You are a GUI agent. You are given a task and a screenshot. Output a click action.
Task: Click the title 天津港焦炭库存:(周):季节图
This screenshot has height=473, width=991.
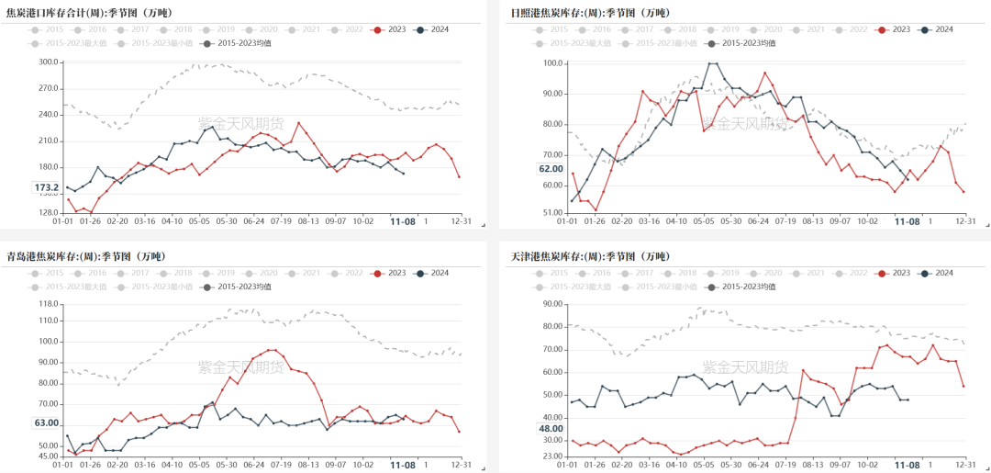pos(581,256)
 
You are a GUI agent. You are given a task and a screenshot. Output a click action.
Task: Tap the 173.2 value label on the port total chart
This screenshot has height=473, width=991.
pos(46,187)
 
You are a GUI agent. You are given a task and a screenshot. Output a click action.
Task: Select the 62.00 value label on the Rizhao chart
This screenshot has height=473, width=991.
pos(551,169)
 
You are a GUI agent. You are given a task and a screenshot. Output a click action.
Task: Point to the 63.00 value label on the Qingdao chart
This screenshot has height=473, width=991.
pos(46,423)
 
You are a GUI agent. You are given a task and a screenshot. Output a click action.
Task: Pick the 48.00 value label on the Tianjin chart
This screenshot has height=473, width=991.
pos(551,429)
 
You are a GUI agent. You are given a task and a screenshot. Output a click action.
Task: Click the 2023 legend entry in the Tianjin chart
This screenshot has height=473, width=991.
pos(896,274)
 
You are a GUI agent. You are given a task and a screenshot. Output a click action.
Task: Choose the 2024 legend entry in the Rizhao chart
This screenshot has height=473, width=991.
pos(937,29)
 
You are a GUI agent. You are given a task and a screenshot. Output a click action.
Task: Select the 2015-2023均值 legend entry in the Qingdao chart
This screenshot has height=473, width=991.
pos(238,287)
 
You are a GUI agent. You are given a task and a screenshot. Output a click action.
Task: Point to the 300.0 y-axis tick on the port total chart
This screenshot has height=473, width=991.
pos(47,62)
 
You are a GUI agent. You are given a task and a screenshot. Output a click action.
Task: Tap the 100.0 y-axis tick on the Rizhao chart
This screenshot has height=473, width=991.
pos(551,63)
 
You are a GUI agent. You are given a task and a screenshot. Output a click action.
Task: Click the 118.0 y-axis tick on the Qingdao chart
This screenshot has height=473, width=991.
pos(47,304)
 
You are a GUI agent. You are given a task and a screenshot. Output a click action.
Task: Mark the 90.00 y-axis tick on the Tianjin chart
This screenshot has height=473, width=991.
pos(551,304)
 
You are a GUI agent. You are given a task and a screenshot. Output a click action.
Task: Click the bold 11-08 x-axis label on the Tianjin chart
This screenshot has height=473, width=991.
pos(907,465)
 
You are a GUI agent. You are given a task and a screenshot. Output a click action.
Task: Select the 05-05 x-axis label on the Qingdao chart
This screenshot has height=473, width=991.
pos(200,465)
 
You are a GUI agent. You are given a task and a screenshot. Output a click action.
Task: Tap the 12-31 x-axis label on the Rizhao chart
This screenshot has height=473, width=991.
pos(963,221)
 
